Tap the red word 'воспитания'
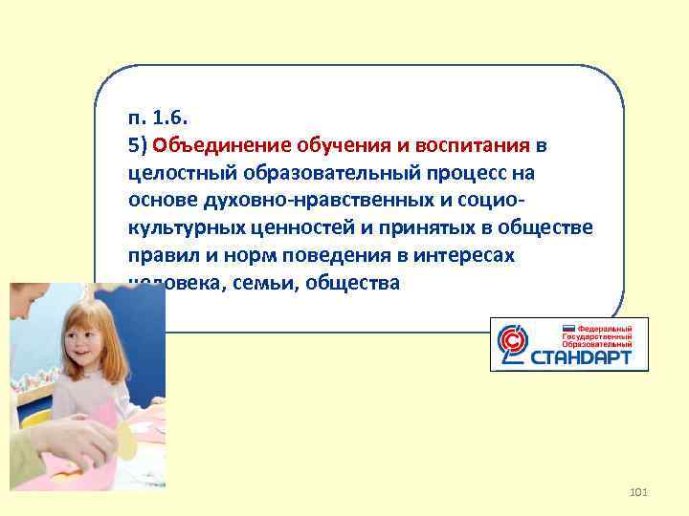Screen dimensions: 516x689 coord(478,146)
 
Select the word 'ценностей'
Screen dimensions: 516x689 coord(278,228)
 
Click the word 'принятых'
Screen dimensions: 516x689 coord(392,228)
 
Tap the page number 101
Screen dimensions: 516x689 coord(639,492)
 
